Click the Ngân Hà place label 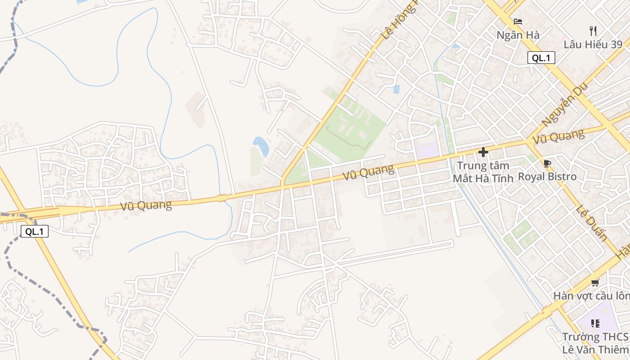coord(518,35)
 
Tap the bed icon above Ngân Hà coord(518,22)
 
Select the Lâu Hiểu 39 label coord(593,45)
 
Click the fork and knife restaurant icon coord(593,31)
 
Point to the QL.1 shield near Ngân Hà coord(541,58)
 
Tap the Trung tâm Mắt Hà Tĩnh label coord(483,172)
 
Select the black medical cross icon coord(483,152)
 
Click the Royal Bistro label coord(547,176)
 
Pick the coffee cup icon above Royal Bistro coord(547,163)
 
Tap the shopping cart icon coord(595,283)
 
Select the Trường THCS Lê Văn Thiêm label coord(595,342)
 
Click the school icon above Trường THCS coord(595,323)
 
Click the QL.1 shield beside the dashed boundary coord(34,232)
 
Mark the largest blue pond coord(261,145)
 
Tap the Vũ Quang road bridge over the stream coord(221,198)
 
